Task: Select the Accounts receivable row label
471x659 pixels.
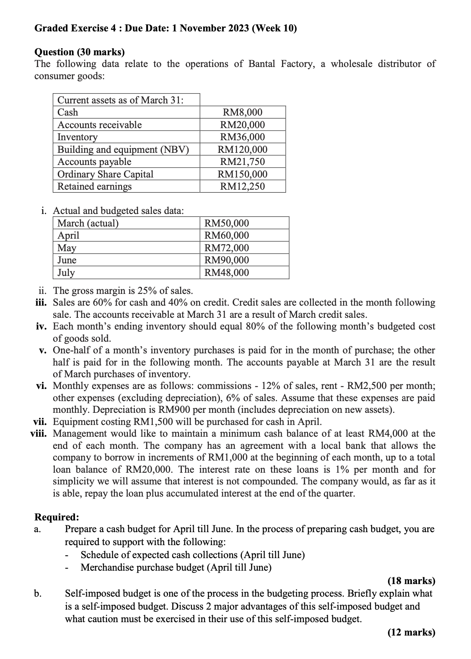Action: (99, 125)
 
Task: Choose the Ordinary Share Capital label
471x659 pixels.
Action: (105, 174)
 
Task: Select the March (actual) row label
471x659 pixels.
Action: (88, 223)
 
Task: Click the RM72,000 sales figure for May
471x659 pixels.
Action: (226, 248)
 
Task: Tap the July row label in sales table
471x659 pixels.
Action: (66, 273)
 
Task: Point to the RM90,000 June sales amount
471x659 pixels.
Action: (226, 260)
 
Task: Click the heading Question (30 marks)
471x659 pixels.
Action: (80, 52)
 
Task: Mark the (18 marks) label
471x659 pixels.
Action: (411, 581)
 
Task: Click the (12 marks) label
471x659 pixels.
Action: (411, 632)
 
